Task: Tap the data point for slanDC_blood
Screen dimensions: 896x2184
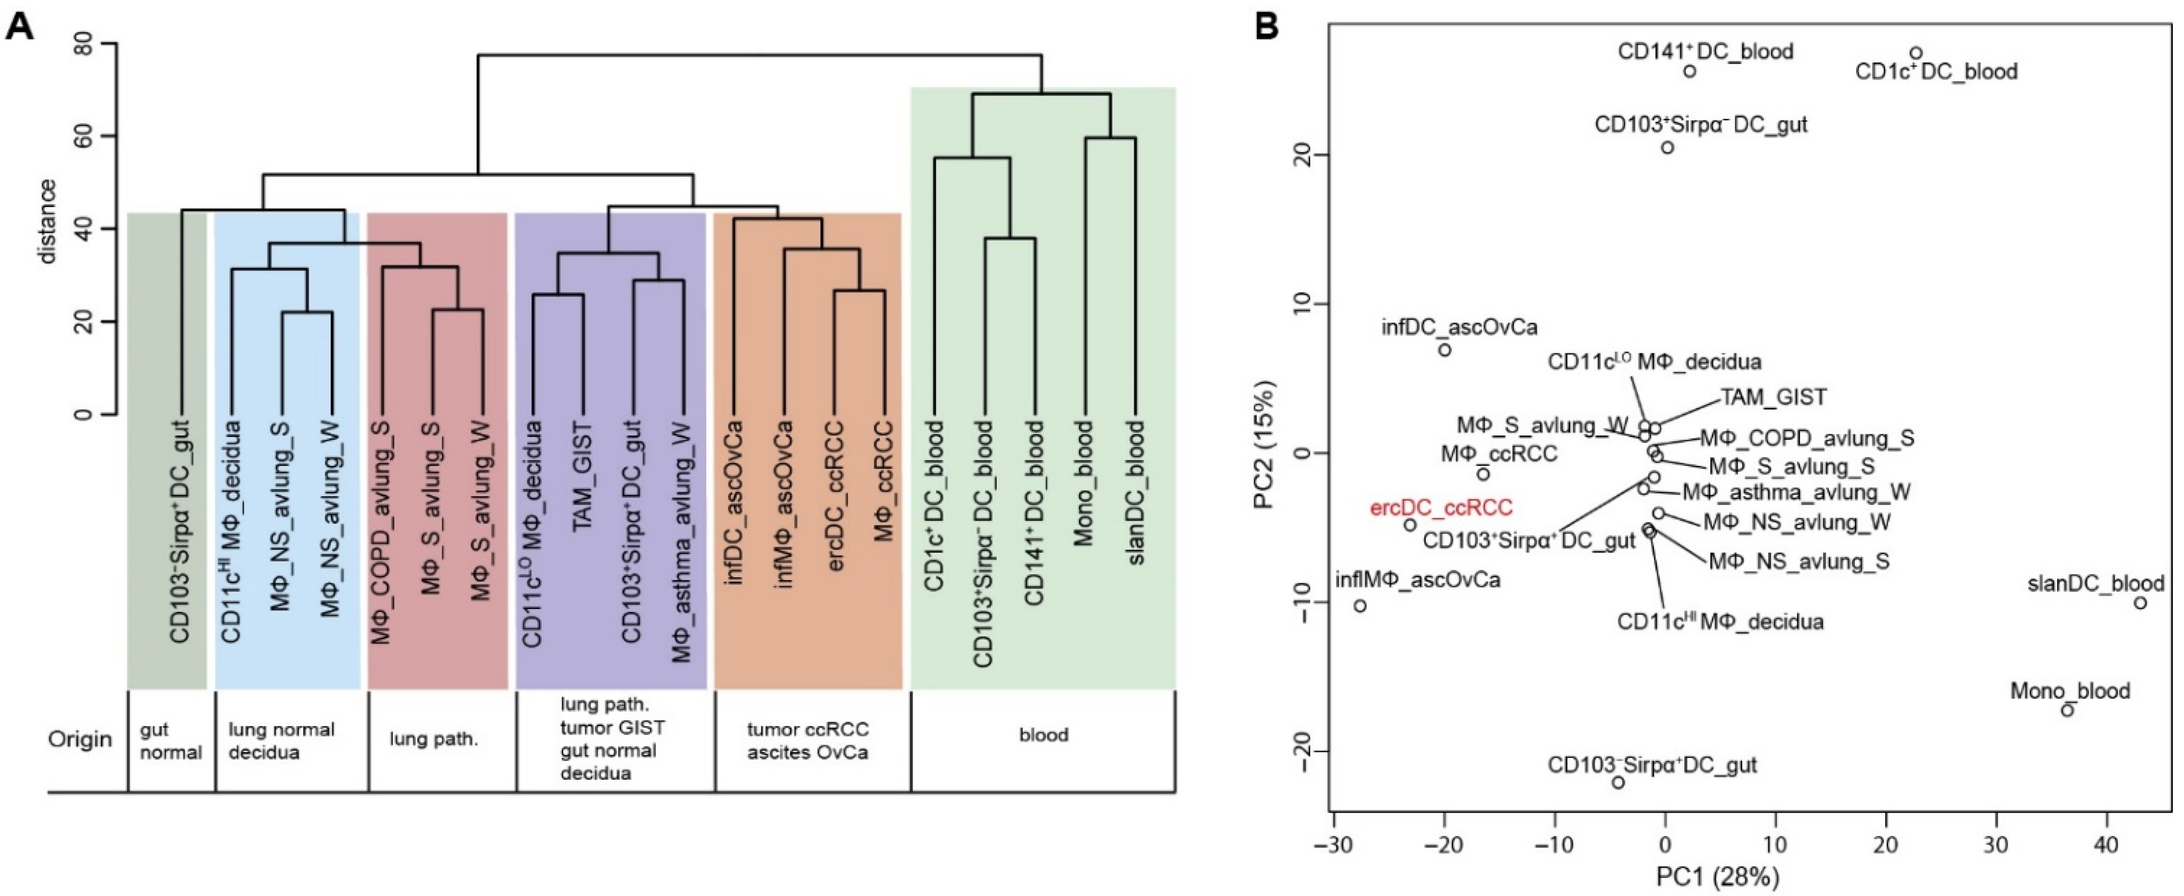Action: click(2140, 603)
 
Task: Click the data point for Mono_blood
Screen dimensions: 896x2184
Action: click(2067, 710)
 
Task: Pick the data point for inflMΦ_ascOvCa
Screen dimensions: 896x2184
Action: click(1360, 606)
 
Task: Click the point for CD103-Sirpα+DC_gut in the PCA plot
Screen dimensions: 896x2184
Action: click(1617, 782)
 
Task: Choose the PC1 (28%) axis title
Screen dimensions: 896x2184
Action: click(1718, 876)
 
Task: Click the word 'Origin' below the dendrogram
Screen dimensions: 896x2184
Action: click(80, 739)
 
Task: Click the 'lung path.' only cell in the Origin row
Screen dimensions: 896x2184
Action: click(434, 739)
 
